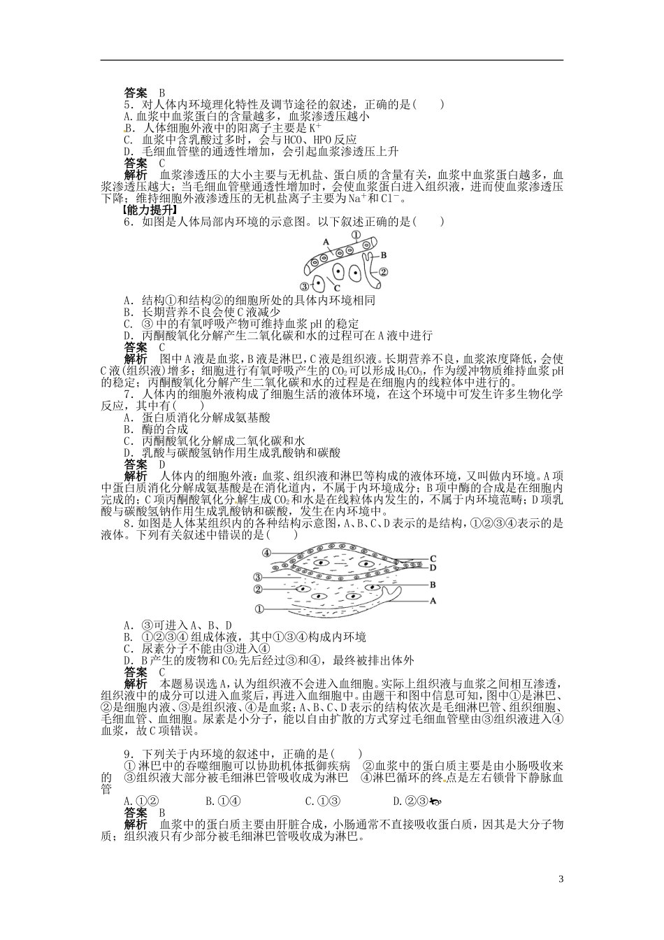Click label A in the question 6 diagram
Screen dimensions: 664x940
(x=326, y=241)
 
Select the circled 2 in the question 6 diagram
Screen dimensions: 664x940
(x=382, y=271)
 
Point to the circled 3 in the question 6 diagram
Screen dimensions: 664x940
(x=304, y=285)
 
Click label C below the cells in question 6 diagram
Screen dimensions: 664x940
(x=335, y=288)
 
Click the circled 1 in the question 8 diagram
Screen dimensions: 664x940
(x=259, y=609)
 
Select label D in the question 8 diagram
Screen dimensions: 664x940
(x=433, y=567)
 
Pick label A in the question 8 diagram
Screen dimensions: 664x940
(x=433, y=600)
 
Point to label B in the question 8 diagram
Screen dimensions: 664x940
(x=433, y=583)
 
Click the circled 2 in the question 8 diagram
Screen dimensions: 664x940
(x=258, y=589)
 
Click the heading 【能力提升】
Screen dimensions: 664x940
(x=148, y=209)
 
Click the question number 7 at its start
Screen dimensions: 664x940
(x=127, y=394)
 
